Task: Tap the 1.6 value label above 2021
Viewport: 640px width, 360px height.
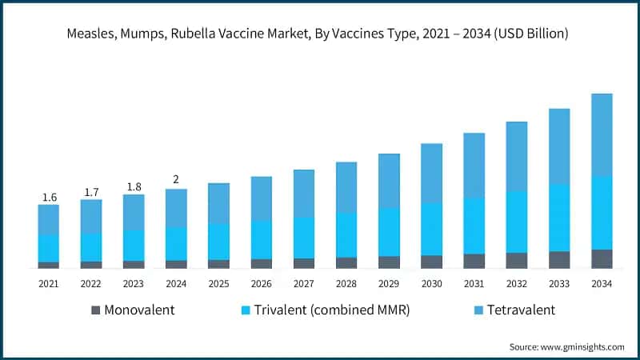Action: pyautogui.click(x=49, y=198)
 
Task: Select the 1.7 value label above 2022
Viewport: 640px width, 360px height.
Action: pyautogui.click(x=91, y=192)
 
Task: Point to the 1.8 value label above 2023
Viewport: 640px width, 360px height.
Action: pyautogui.click(x=134, y=187)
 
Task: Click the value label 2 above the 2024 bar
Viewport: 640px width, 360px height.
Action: pyautogui.click(x=176, y=179)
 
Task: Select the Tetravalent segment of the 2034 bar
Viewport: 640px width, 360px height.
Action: pyautogui.click(x=602, y=134)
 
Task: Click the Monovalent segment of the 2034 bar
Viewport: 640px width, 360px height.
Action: pyautogui.click(x=602, y=258)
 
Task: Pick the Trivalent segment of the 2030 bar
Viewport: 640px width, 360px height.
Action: pyautogui.click(x=432, y=229)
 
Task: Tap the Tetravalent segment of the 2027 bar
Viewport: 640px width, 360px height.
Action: pyautogui.click(x=304, y=193)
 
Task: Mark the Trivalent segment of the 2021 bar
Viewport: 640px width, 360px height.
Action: pyautogui.click(x=49, y=248)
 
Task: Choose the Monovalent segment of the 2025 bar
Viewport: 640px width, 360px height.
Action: pyautogui.click(x=219, y=263)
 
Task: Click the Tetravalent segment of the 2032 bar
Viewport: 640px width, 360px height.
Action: pyautogui.click(x=517, y=156)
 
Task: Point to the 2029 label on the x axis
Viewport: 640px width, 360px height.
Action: pyautogui.click(x=389, y=284)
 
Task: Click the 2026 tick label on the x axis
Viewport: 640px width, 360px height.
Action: pyautogui.click(x=262, y=284)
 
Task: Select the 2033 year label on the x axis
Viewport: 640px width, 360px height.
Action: pyautogui.click(x=559, y=284)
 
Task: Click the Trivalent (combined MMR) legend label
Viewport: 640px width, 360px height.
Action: pyautogui.click(x=330, y=310)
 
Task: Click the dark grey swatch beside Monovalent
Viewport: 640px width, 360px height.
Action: pyautogui.click(x=96, y=310)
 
